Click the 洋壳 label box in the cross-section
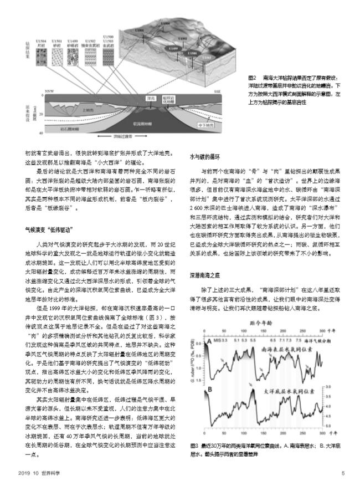point(149,99)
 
